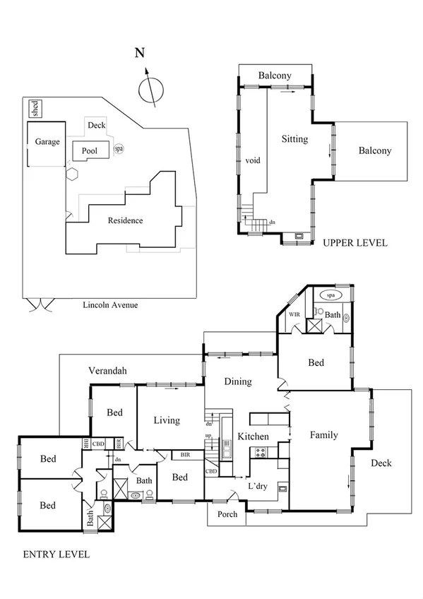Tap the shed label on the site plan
(35, 109)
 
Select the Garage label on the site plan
(47, 141)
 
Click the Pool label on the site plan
(90, 150)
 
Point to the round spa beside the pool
(119, 149)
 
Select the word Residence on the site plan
(125, 220)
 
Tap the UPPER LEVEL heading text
(355, 242)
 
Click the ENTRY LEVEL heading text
(56, 554)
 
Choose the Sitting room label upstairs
(294, 139)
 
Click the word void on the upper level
(253, 161)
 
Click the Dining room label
(238, 381)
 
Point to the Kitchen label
(253, 437)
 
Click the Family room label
(323, 435)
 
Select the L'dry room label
(258, 487)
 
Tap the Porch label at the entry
(227, 514)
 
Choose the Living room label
(167, 420)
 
